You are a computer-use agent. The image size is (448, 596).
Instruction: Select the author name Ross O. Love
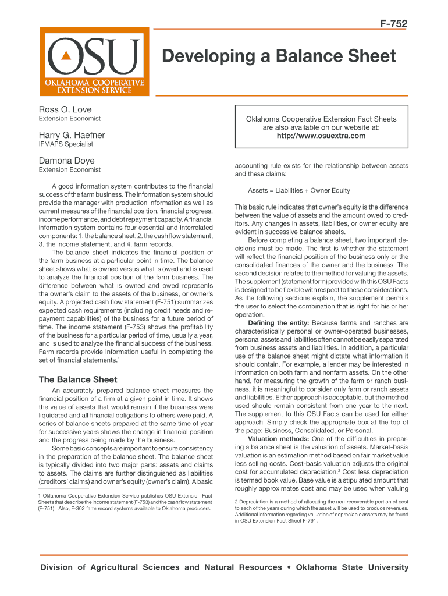[x=65, y=109]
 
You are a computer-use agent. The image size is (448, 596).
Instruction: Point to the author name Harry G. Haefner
[x=72, y=135]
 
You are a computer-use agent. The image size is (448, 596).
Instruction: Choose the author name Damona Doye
[x=66, y=160]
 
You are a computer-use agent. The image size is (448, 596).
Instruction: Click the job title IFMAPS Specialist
[x=66, y=144]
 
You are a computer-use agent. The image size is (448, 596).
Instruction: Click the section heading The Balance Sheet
[x=78, y=379]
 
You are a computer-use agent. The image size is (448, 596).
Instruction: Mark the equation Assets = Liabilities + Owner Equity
[x=299, y=190]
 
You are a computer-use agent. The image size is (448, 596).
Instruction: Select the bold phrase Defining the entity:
[x=279, y=323]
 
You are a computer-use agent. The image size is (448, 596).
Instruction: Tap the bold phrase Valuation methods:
[x=278, y=438]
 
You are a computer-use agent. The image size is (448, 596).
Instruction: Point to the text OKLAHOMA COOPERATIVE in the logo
[x=91, y=83]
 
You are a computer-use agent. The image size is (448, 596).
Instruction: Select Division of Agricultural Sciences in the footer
[x=110, y=567]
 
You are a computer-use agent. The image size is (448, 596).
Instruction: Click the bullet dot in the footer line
[x=288, y=567]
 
